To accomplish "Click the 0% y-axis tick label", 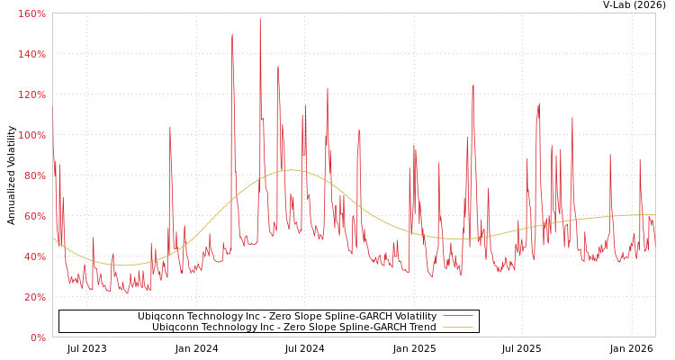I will [x=38, y=337].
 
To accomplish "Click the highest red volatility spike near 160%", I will [x=260, y=19].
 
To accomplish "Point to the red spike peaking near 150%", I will [x=231, y=36].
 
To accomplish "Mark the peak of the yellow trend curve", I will [x=290, y=169].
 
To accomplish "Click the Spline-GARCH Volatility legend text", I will [x=286, y=316].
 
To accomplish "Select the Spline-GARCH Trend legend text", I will [x=293, y=327].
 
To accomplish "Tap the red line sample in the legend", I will [x=458, y=316].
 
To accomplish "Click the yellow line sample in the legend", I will [x=458, y=327].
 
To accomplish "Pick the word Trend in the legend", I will [x=421, y=327].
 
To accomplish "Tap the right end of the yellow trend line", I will [x=654, y=214].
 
